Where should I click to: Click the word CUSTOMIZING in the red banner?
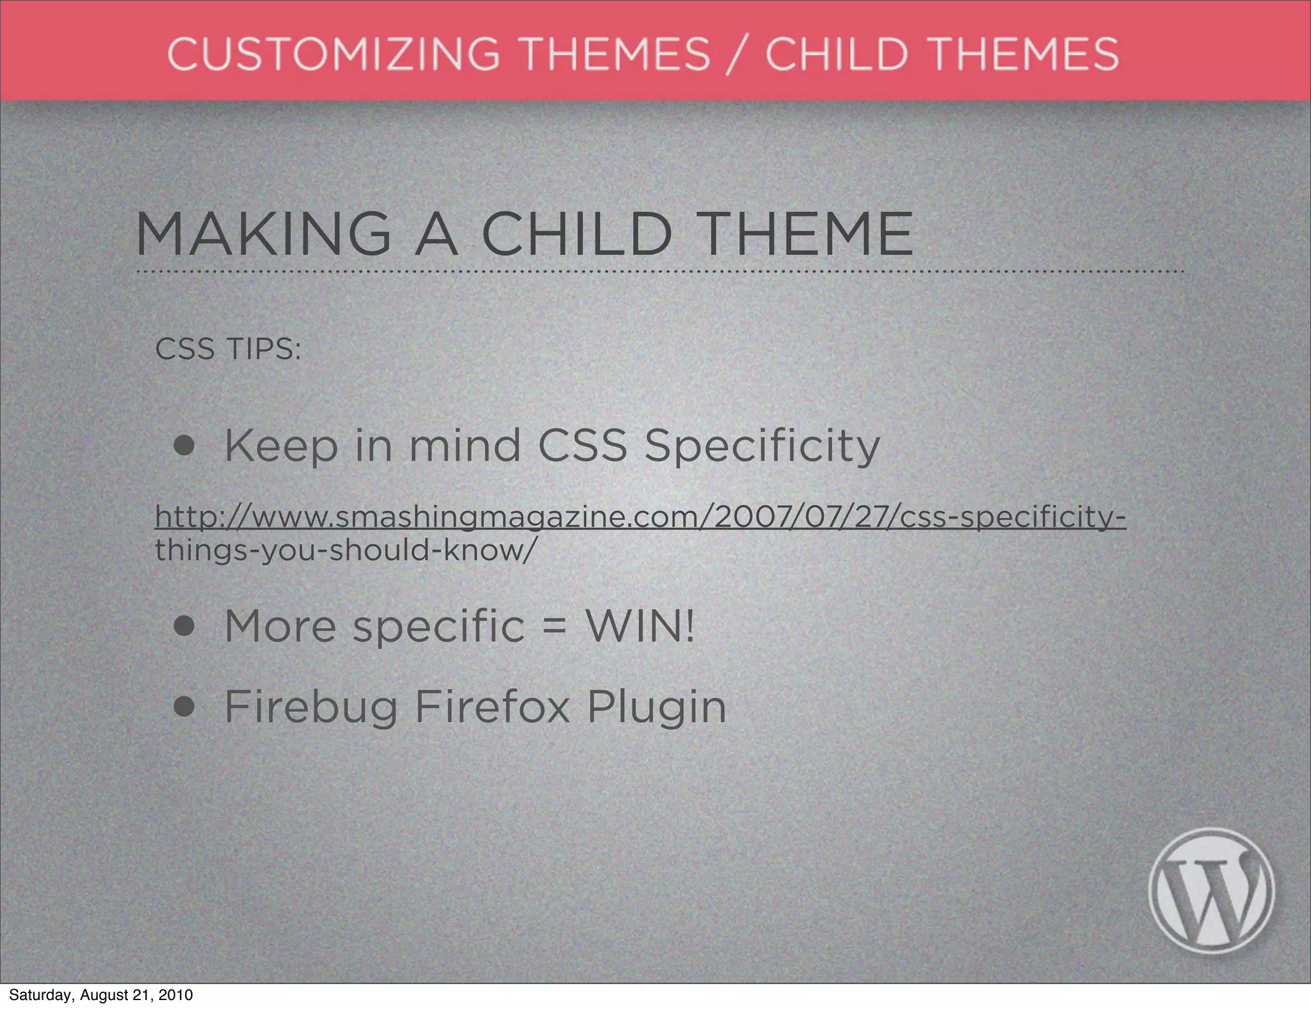[333, 54]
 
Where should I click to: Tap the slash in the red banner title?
[737, 55]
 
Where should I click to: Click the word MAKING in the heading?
[263, 234]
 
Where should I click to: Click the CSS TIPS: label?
[227, 350]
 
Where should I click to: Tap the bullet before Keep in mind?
[184, 446]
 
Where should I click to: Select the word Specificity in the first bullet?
[762, 447]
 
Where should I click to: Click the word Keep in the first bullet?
[280, 447]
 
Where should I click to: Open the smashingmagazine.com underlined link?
[640, 517]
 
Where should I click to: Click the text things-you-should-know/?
[343, 550]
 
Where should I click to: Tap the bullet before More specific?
[184, 627]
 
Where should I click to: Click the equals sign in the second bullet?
[554, 627]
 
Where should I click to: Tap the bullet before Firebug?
[184, 707]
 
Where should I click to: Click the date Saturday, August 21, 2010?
[101, 995]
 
